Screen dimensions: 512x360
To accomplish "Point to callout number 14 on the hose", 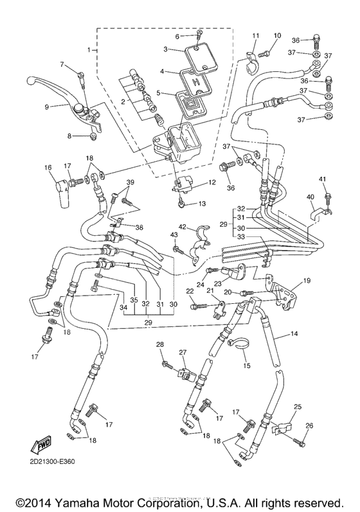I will (294, 335).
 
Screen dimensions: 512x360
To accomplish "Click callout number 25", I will (297, 407).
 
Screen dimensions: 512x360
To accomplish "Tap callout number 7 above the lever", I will (63, 64).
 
